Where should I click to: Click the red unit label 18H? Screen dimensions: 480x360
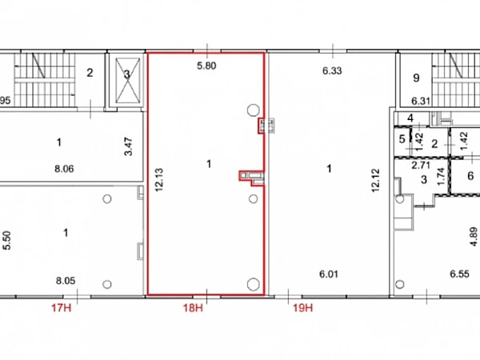[193, 307]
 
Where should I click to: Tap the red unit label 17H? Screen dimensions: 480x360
[62, 307]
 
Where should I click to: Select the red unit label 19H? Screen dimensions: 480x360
[303, 307]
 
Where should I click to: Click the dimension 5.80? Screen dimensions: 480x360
[206, 66]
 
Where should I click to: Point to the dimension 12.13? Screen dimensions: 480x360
[159, 180]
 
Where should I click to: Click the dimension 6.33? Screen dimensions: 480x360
[332, 70]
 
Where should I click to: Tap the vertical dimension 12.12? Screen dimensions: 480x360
[375, 180]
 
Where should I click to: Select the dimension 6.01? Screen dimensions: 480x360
[329, 274]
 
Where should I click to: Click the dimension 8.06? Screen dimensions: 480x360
[64, 169]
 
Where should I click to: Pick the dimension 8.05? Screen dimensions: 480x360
[66, 281]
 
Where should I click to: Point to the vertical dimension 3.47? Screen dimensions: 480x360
[129, 146]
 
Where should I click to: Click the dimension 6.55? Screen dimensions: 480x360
[459, 274]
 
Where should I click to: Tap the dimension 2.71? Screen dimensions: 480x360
[421, 166]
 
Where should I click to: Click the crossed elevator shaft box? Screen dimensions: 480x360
[128, 81]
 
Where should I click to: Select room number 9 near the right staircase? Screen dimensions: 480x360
[416, 78]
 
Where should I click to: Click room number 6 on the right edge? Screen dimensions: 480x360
[471, 176]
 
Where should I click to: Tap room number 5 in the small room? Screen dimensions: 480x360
[402, 139]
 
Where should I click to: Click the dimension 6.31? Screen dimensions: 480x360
[422, 101]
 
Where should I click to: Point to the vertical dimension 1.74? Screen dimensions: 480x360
[441, 177]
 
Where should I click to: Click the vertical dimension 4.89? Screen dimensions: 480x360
[474, 237]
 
